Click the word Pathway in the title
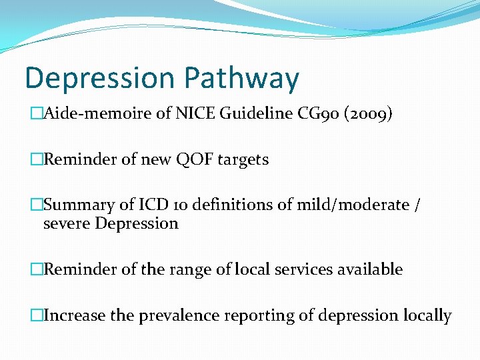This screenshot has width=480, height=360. click(x=242, y=78)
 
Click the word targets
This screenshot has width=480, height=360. click(x=243, y=160)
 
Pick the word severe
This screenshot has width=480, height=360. click(x=67, y=223)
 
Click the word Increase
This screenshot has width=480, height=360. click(x=75, y=315)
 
